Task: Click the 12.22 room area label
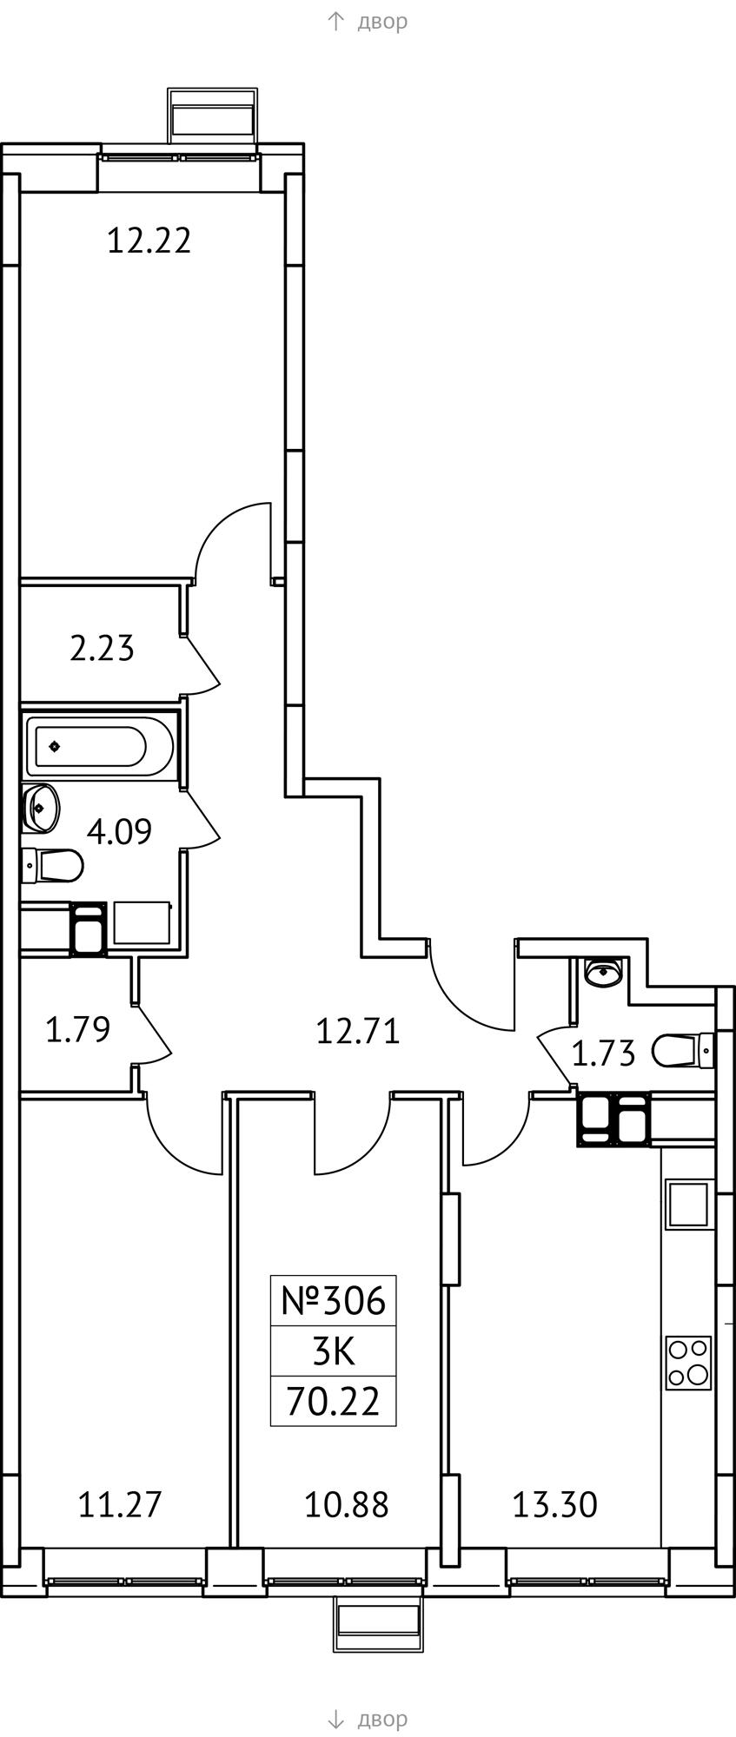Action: click(149, 240)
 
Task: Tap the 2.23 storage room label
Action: click(102, 648)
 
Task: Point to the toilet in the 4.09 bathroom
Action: click(52, 865)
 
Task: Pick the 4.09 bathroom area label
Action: click(119, 831)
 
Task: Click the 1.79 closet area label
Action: click(77, 1030)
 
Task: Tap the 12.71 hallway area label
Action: click(357, 1032)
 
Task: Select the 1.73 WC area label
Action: click(603, 1053)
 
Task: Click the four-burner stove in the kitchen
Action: click(688, 1363)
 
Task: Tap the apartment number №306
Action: click(333, 1300)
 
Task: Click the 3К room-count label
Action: click(334, 1351)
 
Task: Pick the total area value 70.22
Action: click(334, 1402)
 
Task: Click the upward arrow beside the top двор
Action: click(336, 21)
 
